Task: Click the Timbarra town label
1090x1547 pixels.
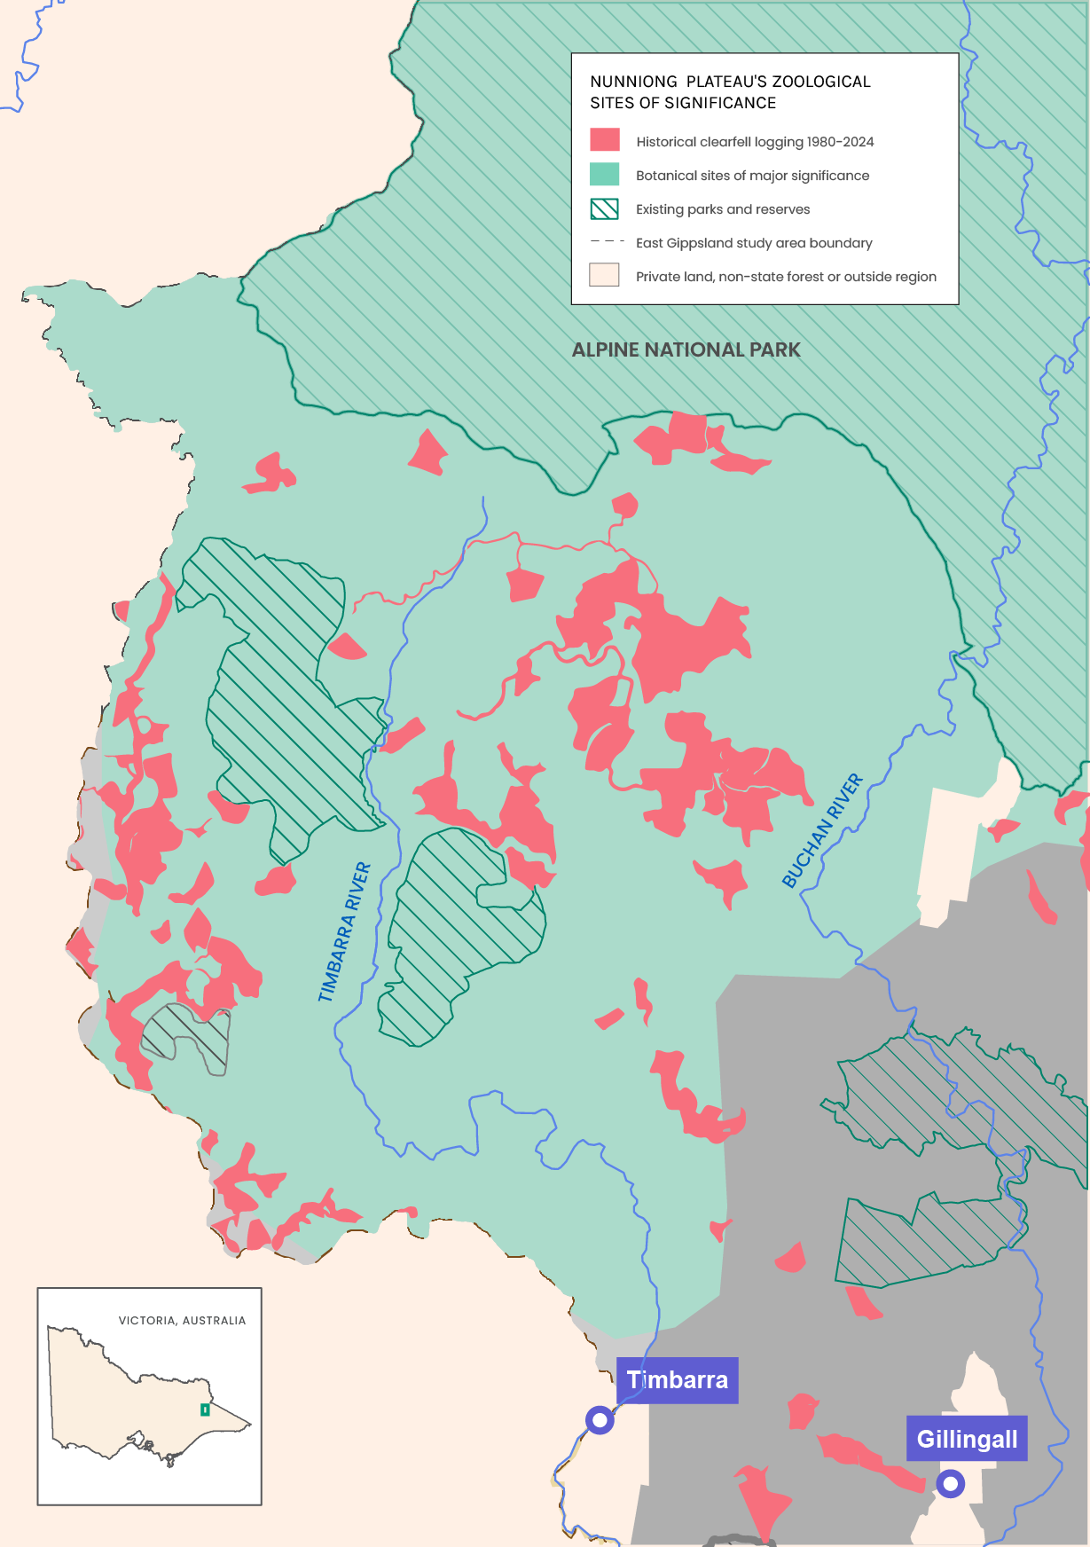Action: point(677,1380)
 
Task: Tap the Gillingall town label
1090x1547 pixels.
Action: point(967,1439)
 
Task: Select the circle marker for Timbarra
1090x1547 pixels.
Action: point(600,1420)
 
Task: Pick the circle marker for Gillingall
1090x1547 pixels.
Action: point(951,1483)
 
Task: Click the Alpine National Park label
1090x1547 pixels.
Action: point(686,350)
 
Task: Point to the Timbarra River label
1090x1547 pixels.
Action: point(344,932)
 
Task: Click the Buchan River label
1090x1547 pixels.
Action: point(822,830)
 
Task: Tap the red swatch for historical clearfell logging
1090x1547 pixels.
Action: point(605,140)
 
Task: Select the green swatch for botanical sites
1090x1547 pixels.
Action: point(605,174)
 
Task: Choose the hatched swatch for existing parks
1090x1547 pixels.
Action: point(605,208)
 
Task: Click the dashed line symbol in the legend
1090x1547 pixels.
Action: point(607,241)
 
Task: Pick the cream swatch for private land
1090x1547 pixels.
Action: point(605,275)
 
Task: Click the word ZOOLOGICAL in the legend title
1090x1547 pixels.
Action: point(821,82)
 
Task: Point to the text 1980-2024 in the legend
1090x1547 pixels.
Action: point(840,142)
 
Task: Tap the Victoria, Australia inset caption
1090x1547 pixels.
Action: point(182,1321)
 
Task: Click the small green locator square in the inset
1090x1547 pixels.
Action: point(205,1410)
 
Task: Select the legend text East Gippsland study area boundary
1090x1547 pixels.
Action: point(754,243)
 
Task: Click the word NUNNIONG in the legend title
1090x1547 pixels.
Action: point(633,82)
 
